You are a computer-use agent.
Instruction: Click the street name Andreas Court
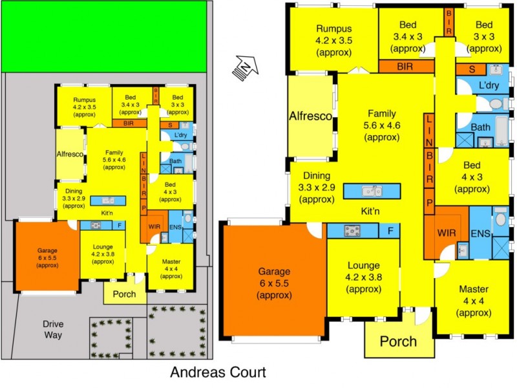pyautogui.click(x=217, y=372)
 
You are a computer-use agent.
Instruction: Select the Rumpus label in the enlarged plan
pyautogui.click(x=333, y=28)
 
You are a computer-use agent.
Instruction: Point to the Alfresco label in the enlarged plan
pyautogui.click(x=310, y=116)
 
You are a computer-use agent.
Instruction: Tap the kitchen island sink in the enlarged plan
pyautogui.click(x=372, y=191)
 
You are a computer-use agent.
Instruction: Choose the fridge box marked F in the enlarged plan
pyautogui.click(x=390, y=230)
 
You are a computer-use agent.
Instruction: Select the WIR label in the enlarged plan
pyautogui.click(x=447, y=232)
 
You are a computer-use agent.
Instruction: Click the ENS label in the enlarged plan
pyautogui.click(x=480, y=233)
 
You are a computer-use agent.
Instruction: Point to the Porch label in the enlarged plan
pyautogui.click(x=397, y=341)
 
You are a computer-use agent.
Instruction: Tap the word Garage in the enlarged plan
pyautogui.click(x=274, y=272)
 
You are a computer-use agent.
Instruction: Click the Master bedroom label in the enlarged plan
pyautogui.click(x=474, y=288)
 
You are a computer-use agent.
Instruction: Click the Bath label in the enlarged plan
pyautogui.click(x=480, y=127)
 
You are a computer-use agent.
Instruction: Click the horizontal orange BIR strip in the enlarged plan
pyautogui.click(x=405, y=65)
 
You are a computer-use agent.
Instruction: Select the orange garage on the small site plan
pyautogui.click(x=47, y=255)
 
